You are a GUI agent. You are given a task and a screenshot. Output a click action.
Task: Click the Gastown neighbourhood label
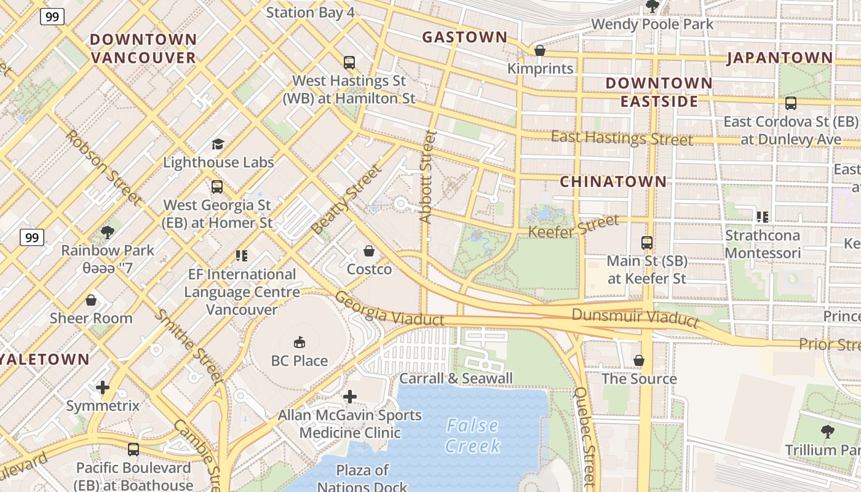coord(464,38)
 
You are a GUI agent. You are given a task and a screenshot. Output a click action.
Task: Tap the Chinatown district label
coord(613,181)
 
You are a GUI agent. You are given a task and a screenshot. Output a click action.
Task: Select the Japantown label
coord(780,58)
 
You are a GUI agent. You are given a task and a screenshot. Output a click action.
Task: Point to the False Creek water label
coord(472,435)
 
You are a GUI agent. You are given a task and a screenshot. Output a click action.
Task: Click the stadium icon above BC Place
coord(300,342)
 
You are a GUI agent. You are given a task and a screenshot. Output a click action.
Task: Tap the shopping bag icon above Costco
coord(369,251)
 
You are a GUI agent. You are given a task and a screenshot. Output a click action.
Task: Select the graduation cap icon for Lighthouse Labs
coord(218,144)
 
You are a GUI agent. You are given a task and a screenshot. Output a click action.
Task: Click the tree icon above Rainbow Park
coord(108,232)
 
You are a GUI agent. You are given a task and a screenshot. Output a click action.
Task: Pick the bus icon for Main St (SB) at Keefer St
coord(646,242)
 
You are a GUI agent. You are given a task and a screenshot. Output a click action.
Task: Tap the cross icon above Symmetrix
coord(103,387)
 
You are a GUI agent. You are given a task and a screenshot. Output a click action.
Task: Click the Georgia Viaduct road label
coord(389,309)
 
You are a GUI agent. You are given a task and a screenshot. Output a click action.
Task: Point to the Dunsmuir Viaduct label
coord(635,317)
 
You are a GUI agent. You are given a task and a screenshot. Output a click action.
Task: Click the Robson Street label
coord(103,167)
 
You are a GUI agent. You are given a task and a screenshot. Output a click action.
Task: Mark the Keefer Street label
coord(573,227)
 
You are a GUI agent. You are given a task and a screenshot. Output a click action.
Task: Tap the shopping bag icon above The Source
coord(639,360)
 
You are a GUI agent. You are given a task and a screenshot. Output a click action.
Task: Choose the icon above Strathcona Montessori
coord(763,216)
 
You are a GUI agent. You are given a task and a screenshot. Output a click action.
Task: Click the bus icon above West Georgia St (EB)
coord(216,186)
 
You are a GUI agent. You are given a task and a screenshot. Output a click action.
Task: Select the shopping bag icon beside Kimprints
coord(540,50)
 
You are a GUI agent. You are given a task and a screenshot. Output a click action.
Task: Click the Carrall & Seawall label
coord(456,378)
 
